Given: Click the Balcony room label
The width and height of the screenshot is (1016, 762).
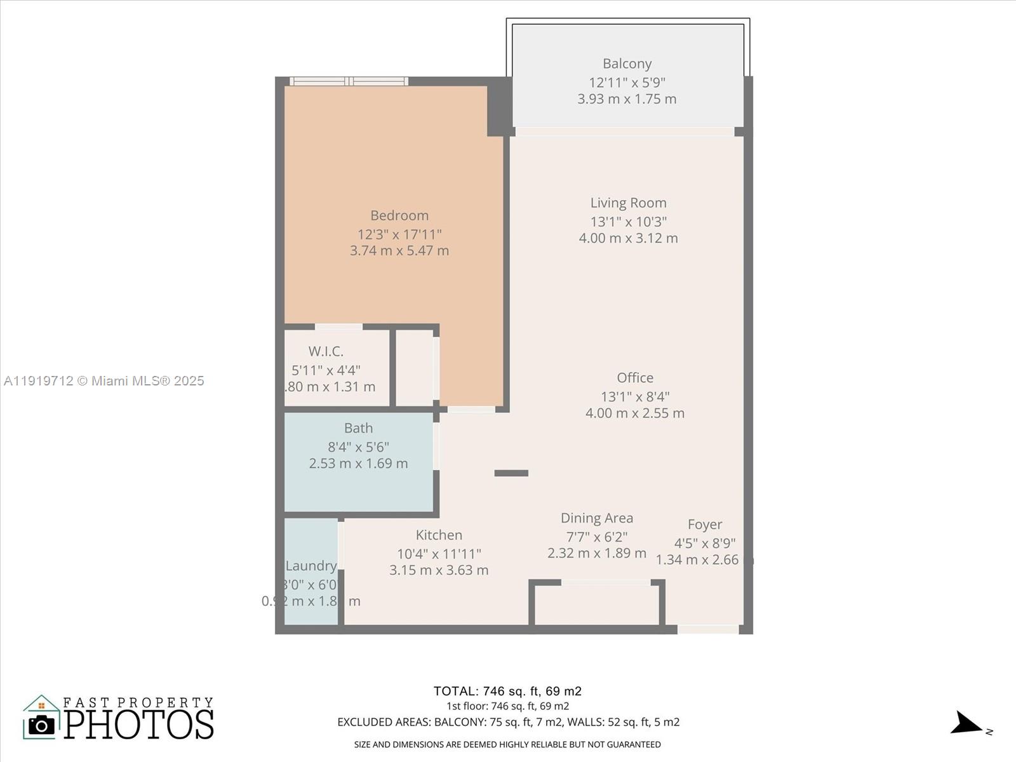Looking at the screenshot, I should point(627,63).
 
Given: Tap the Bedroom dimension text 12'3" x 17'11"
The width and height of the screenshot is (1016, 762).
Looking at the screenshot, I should point(399,234).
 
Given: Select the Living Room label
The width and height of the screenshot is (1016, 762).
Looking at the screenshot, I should point(628,203).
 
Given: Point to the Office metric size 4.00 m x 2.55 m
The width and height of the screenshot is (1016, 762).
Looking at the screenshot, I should point(634,413).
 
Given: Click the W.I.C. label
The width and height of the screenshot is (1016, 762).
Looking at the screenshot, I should point(326,351).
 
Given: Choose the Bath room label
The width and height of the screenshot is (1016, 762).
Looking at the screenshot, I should point(358,428).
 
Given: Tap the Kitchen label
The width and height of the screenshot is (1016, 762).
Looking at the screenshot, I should point(439,535).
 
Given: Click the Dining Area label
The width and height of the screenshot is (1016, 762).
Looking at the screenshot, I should point(596,518).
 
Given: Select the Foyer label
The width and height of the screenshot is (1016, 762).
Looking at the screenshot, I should point(704,525).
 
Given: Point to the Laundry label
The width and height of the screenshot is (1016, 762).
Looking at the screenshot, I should point(311,566).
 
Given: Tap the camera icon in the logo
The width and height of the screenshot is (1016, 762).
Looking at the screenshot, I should point(42,725).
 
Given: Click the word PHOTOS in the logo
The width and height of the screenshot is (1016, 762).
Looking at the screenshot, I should point(138,725).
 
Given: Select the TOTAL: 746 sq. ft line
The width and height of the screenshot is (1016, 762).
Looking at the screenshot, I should point(507,691).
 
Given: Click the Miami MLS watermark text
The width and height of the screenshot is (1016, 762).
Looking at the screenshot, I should point(104,381).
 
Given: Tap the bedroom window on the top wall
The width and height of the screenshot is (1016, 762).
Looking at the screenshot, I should point(349,81).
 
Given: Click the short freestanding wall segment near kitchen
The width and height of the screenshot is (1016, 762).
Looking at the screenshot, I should point(511,473).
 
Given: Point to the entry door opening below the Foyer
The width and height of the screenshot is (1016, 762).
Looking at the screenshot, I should point(707,629).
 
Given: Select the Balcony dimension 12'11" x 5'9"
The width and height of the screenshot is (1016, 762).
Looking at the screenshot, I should point(627,82).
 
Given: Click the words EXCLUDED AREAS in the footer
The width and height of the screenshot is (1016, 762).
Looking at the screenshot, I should point(383,722).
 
